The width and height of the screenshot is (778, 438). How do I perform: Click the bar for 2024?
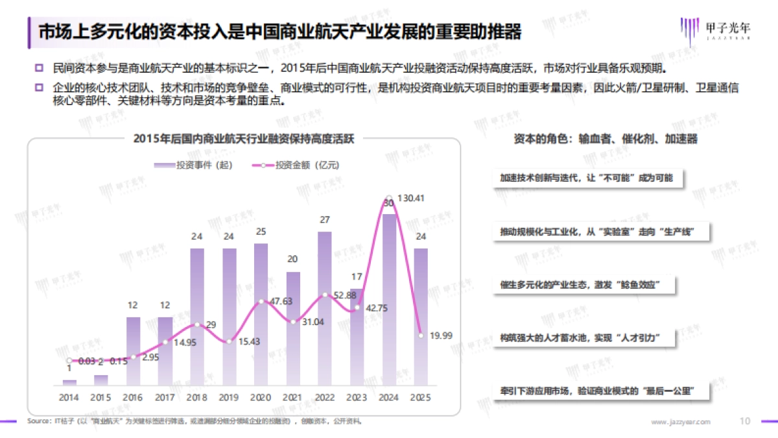pyautogui.click(x=389, y=298)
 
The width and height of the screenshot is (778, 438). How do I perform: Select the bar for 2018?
pyautogui.click(x=198, y=318)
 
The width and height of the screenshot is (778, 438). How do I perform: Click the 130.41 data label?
pyautogui.click(x=410, y=198)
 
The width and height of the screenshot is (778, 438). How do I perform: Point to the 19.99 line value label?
pyautogui.click(x=442, y=335)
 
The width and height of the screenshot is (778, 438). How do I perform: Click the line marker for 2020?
pyautogui.click(x=261, y=301)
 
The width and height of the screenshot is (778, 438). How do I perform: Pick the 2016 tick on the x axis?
pyautogui.click(x=134, y=396)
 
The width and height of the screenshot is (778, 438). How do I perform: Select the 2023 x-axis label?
pyautogui.click(x=357, y=396)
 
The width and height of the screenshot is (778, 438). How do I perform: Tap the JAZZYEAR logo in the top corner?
pyautogui.click(x=714, y=29)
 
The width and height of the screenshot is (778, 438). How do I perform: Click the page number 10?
pyautogui.click(x=745, y=421)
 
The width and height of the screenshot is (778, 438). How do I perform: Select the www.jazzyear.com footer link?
pyautogui.click(x=681, y=422)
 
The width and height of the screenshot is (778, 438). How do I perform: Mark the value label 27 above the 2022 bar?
pyautogui.click(x=325, y=220)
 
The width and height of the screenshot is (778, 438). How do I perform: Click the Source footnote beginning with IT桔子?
pyautogui.click(x=194, y=421)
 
